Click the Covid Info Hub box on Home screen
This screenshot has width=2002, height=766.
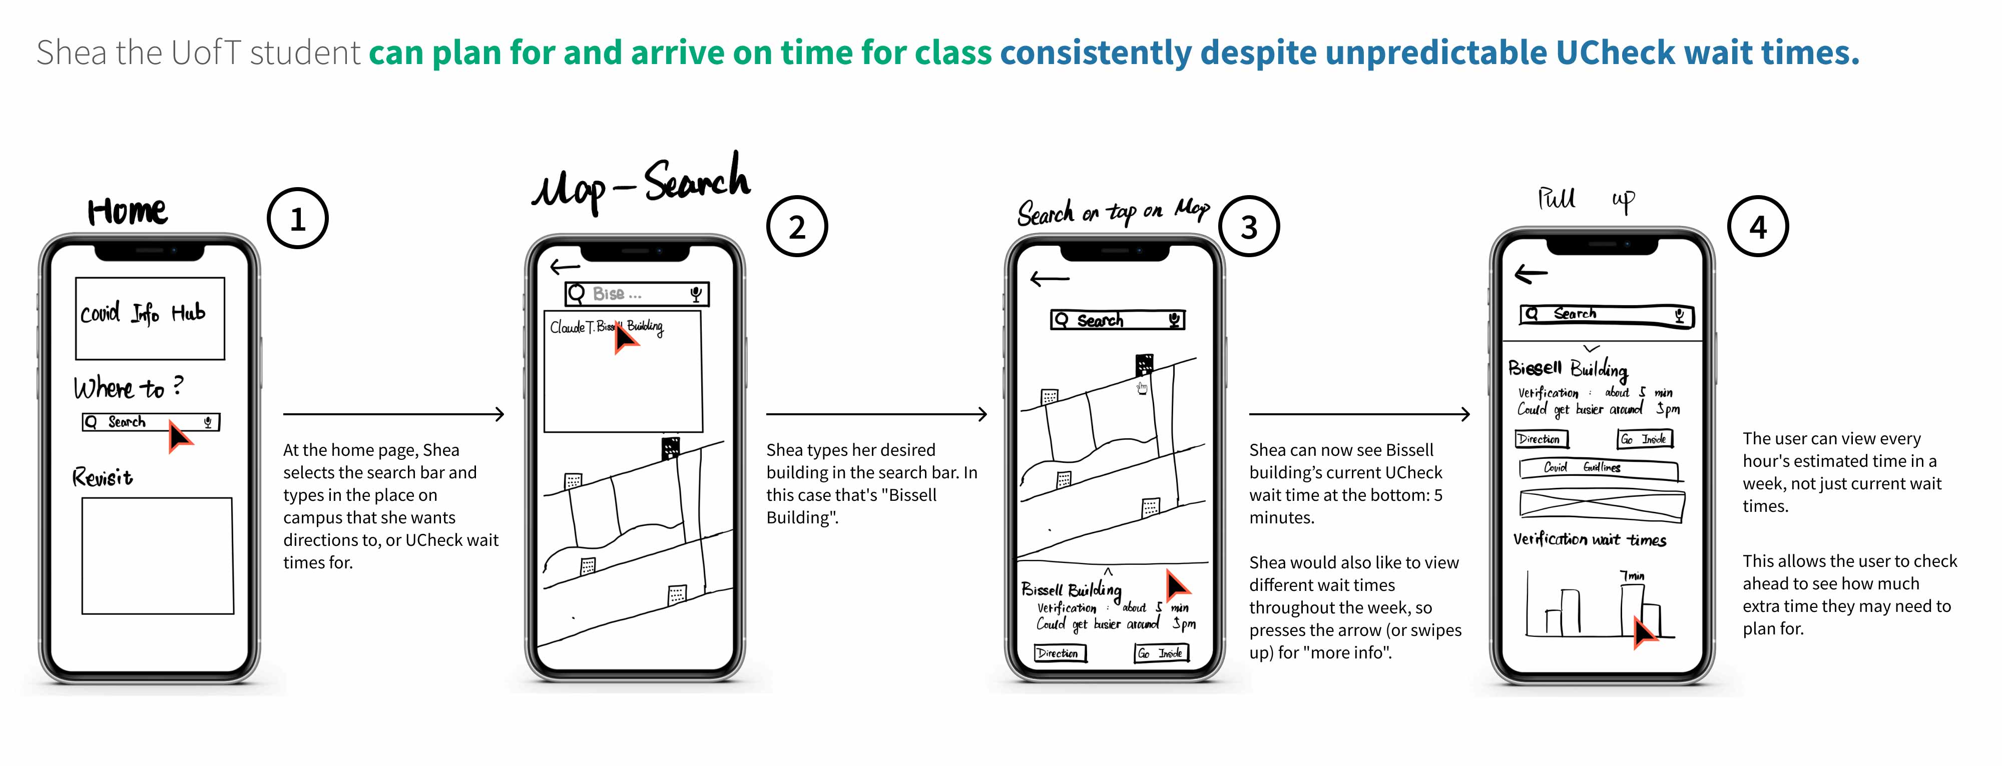[150, 319]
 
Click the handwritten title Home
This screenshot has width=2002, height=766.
[127, 211]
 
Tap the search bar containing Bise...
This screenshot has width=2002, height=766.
[637, 294]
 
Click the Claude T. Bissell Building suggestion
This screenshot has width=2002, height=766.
[606, 327]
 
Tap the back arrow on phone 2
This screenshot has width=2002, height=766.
[565, 267]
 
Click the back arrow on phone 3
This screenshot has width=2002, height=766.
[1049, 278]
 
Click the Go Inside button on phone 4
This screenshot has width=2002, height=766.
[1645, 439]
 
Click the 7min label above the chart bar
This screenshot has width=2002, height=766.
[1632, 576]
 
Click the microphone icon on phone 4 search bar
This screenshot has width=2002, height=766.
[1680, 315]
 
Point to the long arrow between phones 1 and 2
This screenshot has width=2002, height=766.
[394, 414]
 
